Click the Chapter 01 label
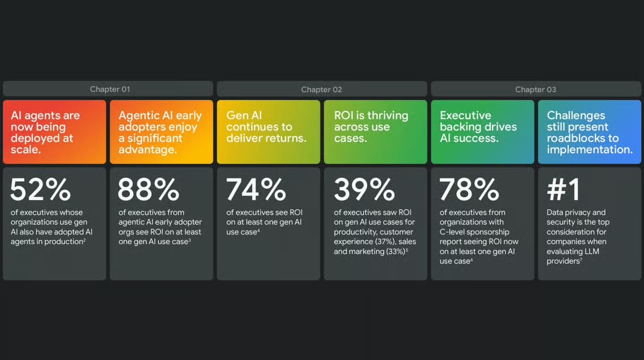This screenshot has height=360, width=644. click(x=110, y=89)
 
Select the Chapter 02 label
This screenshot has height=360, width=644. click(x=321, y=89)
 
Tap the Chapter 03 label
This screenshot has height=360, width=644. click(x=535, y=89)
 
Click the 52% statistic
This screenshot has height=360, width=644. click(x=40, y=189)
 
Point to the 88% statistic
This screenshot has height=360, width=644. click(x=148, y=189)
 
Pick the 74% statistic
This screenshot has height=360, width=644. click(x=256, y=189)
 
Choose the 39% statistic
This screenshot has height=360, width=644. click(x=364, y=189)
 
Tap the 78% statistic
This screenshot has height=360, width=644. click(x=469, y=189)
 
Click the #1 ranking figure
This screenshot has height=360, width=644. click(x=564, y=189)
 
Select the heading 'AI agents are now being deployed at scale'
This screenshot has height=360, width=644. click(x=45, y=132)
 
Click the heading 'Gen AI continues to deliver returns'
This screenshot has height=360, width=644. click(x=266, y=127)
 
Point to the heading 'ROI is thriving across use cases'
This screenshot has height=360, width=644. click(x=371, y=127)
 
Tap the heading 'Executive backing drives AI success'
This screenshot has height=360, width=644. click(x=478, y=127)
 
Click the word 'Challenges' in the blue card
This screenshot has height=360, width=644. click(x=576, y=115)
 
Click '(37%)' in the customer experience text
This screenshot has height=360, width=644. click(x=386, y=242)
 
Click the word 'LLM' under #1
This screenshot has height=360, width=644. click(x=592, y=251)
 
